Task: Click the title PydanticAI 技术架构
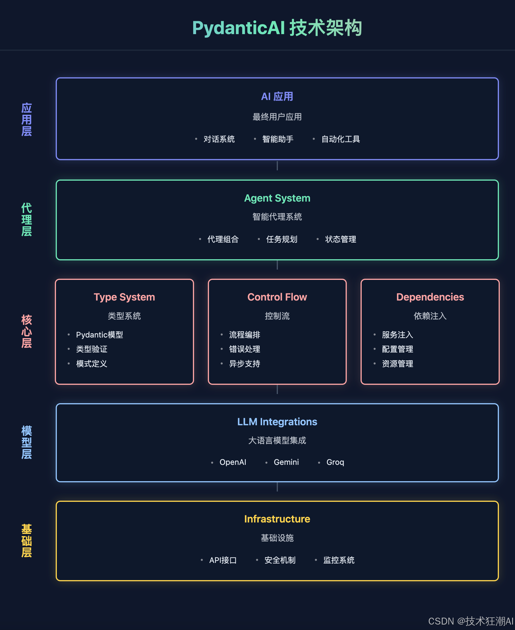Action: [x=277, y=28]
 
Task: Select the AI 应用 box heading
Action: [x=277, y=97]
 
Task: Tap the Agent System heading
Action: [x=277, y=198]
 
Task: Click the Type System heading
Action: [x=124, y=297]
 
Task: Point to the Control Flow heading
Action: [x=277, y=297]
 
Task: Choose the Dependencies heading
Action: [x=430, y=297]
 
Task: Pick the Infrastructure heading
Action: [x=277, y=519]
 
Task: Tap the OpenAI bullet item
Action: [x=233, y=462]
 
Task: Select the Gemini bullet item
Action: [x=286, y=462]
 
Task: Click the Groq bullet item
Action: [x=335, y=462]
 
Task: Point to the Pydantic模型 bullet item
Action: [x=99, y=335]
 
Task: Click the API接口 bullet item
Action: [x=223, y=560]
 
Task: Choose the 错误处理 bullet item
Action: [x=245, y=349]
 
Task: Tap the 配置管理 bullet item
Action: [x=397, y=349]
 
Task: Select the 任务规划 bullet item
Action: [x=282, y=239]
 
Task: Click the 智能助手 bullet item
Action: [x=278, y=139]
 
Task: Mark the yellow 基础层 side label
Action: [x=27, y=541]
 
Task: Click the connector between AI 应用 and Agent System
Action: [x=277, y=166]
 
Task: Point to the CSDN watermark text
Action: [x=470, y=621]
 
